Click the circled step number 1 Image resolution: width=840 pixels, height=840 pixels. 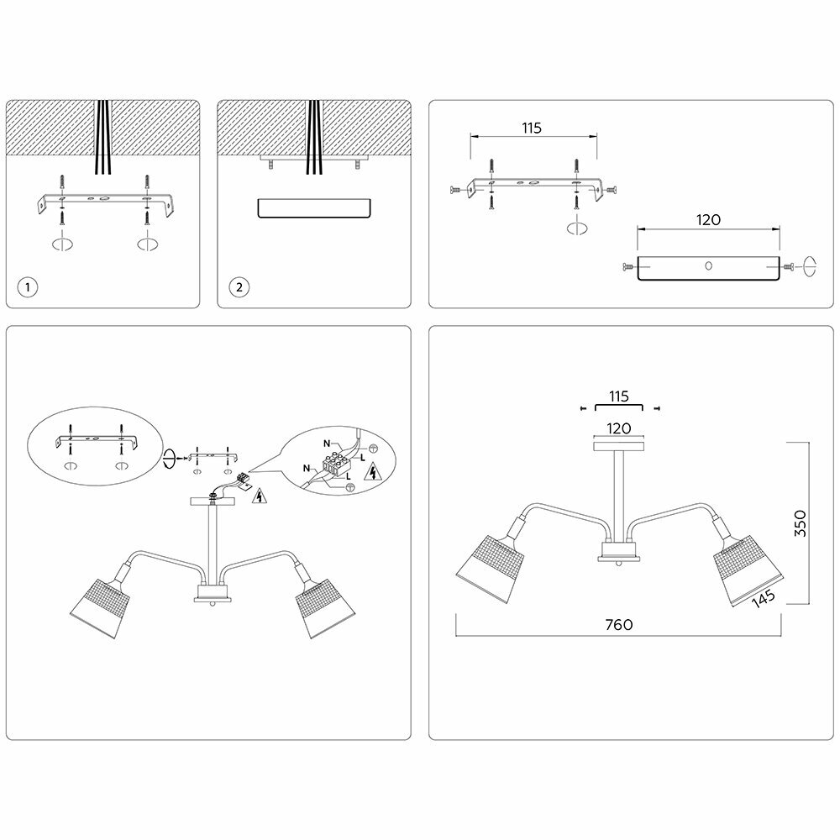tap(29, 286)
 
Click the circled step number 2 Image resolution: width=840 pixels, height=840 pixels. tap(239, 286)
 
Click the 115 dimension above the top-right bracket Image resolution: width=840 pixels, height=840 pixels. tap(531, 128)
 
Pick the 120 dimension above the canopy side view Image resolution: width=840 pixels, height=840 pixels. tap(707, 220)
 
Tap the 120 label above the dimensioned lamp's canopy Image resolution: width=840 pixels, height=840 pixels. tap(618, 428)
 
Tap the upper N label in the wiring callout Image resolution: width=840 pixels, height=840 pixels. tap(326, 443)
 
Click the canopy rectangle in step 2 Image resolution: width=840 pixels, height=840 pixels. tap(312, 208)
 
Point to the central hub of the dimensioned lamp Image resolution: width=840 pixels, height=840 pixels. tap(618, 554)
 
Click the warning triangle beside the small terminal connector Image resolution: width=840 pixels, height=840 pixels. tap(260, 496)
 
